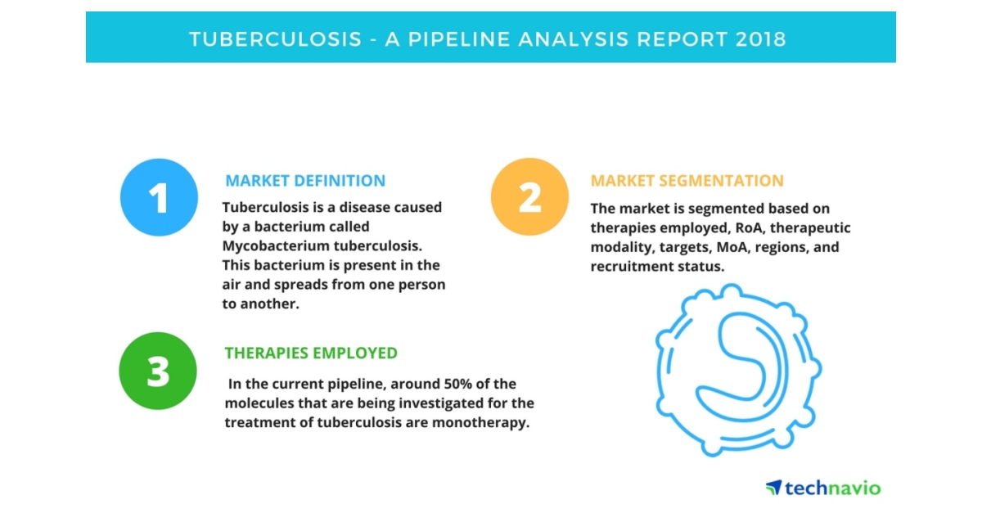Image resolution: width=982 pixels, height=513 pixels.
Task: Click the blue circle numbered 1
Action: click(x=159, y=198)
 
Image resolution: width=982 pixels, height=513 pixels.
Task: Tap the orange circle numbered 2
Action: click(x=529, y=197)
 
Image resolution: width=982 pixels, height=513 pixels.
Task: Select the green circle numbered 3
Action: click(x=158, y=371)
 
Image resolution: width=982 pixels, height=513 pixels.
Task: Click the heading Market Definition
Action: click(x=305, y=181)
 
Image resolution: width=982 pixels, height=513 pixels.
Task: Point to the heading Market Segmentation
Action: click(x=687, y=181)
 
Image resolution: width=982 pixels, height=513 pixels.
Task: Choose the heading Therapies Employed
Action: click(x=311, y=353)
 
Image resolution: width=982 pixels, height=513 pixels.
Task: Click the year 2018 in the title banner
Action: click(x=760, y=39)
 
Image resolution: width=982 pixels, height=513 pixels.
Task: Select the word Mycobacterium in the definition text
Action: click(x=274, y=246)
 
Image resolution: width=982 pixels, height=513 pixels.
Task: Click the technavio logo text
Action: click(x=833, y=488)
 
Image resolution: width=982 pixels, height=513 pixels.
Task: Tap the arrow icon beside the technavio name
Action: click(x=773, y=488)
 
